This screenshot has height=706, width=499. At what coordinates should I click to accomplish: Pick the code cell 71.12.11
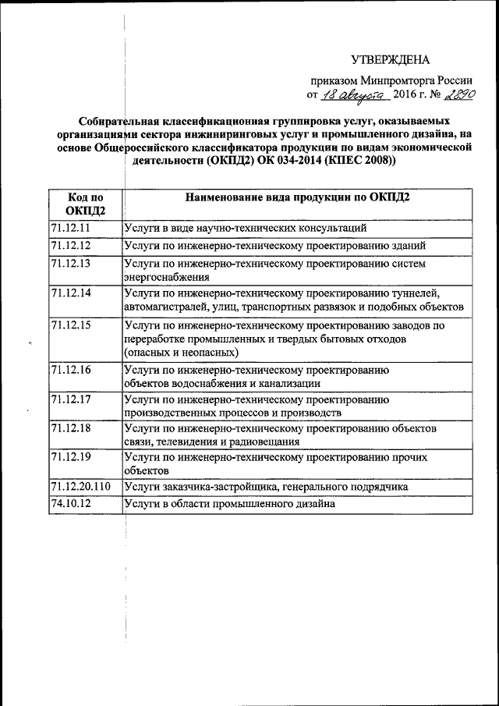[71, 228]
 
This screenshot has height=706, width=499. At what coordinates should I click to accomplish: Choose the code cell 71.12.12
[71, 246]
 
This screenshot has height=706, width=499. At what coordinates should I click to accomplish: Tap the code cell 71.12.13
[71, 264]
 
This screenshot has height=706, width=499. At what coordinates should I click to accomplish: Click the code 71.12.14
[71, 293]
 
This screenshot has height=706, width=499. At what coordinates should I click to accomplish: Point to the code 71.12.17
[71, 399]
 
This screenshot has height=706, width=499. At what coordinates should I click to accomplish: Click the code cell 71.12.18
[71, 429]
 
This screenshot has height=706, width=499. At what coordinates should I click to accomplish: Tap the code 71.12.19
[71, 458]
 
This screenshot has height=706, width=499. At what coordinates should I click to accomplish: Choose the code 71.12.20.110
[80, 487]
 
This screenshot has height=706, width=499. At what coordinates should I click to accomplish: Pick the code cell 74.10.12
[71, 504]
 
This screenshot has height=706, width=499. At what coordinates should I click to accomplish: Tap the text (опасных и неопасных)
[179, 353]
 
